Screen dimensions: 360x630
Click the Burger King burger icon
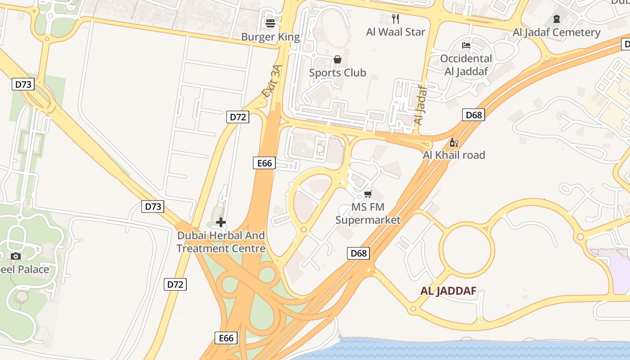(x=270, y=23)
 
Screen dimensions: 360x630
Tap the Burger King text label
(x=270, y=36)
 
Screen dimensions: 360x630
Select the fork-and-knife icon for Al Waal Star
(x=396, y=18)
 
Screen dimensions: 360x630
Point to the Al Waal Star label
(x=396, y=32)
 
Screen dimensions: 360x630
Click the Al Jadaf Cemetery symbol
(x=557, y=19)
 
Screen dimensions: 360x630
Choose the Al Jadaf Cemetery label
(x=557, y=32)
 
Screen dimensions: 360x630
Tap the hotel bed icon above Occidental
(x=466, y=45)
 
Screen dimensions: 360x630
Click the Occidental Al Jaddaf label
(x=466, y=65)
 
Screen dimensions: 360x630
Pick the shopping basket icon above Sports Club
(x=337, y=59)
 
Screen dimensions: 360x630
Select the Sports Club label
(x=337, y=72)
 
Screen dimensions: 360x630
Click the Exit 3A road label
(x=272, y=81)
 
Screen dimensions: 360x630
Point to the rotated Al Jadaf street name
(x=419, y=105)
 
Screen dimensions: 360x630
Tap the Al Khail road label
(x=454, y=155)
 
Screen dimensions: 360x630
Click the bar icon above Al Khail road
(x=454, y=143)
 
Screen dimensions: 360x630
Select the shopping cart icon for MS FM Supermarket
(x=368, y=194)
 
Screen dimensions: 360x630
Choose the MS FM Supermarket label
(x=368, y=214)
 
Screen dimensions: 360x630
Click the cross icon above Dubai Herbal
(x=221, y=222)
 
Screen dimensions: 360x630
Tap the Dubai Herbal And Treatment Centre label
(x=221, y=242)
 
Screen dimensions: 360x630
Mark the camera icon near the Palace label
(x=16, y=256)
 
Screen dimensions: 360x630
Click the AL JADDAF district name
(x=448, y=291)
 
